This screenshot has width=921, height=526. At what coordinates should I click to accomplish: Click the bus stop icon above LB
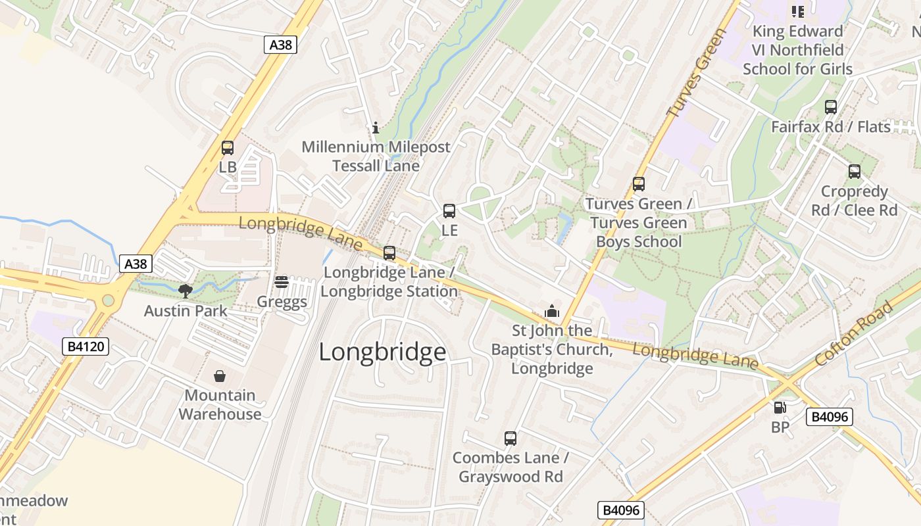click(228, 148)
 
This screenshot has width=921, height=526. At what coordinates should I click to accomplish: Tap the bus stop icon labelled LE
click(449, 211)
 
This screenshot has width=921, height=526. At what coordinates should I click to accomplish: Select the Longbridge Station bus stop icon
click(389, 253)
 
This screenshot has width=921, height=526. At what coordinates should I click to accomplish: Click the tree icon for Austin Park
click(186, 291)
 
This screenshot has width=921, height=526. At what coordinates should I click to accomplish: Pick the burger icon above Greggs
click(282, 282)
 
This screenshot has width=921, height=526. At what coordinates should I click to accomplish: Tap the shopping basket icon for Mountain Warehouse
click(220, 376)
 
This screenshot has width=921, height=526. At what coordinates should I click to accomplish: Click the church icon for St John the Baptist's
click(551, 311)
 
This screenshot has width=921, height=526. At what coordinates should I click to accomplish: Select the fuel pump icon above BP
click(780, 408)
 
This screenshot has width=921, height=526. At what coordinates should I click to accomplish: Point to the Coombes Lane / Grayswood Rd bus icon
click(510, 439)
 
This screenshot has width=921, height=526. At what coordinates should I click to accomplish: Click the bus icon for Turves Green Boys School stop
click(638, 184)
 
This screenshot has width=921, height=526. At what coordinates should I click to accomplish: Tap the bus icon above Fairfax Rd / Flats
click(831, 107)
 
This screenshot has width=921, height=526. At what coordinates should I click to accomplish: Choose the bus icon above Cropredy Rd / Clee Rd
click(854, 172)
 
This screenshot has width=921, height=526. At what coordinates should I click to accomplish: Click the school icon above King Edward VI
click(797, 11)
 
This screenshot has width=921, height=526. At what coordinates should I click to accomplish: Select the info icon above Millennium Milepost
click(376, 128)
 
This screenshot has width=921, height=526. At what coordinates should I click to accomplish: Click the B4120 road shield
click(86, 347)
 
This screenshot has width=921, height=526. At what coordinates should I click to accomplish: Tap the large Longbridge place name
click(382, 352)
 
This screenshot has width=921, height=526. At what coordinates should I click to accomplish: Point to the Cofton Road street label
click(853, 333)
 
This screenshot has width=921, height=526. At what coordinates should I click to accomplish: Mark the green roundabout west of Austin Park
click(108, 301)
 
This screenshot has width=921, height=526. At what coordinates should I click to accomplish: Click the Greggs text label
click(282, 302)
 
